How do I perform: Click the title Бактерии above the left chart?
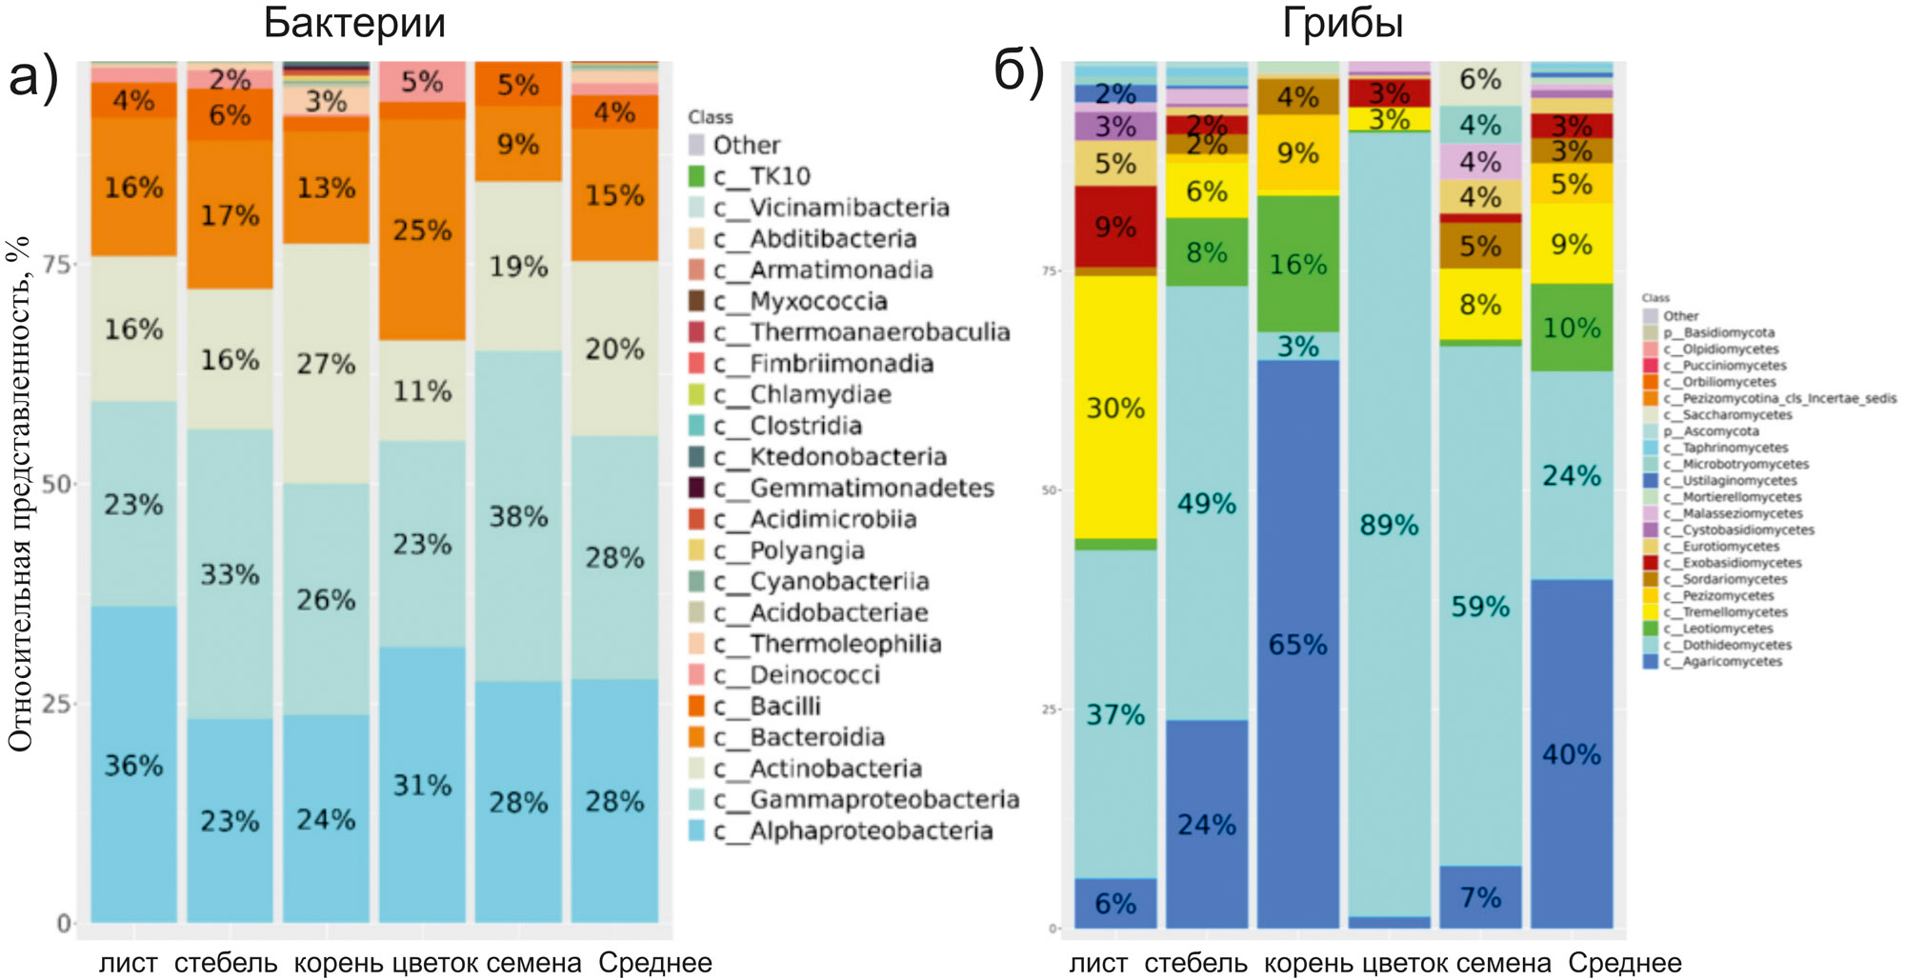354,23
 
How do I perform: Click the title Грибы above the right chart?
1342,23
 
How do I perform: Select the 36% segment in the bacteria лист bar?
134,765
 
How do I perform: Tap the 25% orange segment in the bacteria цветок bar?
422,230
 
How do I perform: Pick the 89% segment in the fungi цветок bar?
1389,525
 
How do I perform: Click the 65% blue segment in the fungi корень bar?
1297,645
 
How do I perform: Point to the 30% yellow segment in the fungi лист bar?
1115,408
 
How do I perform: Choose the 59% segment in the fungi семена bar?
1480,607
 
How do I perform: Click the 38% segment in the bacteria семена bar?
518,517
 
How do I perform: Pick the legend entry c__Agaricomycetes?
1722,662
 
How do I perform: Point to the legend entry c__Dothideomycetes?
1727,645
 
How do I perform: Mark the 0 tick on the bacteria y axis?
64,923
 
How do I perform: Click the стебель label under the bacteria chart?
226,963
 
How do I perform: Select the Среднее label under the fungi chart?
1624,963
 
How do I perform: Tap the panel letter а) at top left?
33,76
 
